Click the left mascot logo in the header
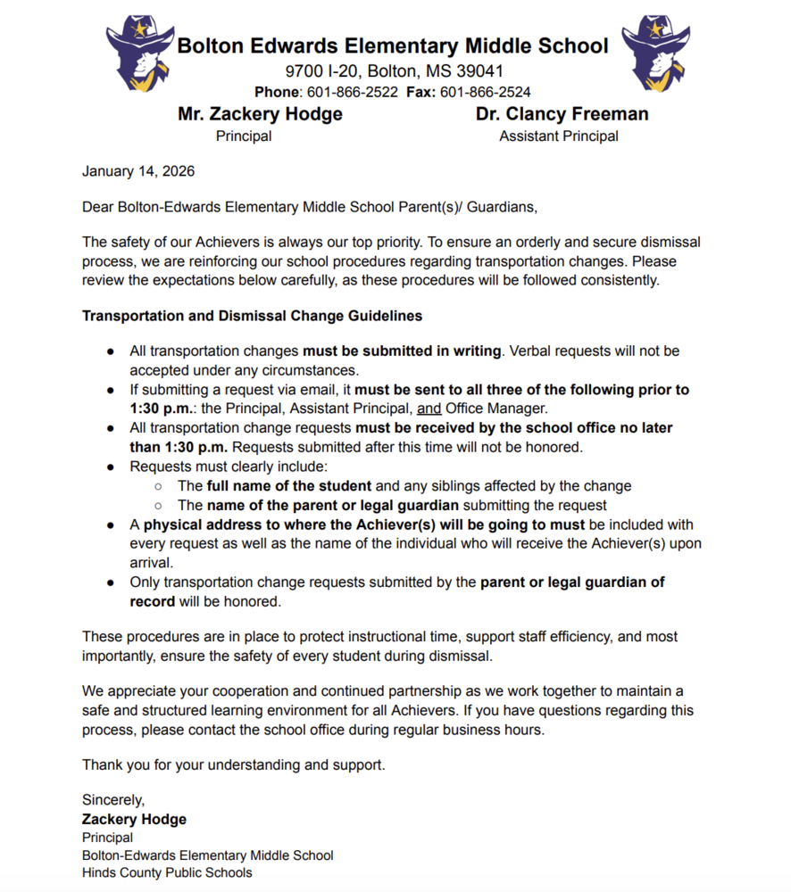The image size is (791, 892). click(x=139, y=54)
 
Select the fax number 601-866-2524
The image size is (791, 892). click(x=486, y=92)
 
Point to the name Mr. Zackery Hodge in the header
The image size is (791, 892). click(x=260, y=114)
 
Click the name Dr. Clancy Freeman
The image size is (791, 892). click(x=562, y=114)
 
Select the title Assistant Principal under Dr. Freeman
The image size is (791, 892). click(x=559, y=136)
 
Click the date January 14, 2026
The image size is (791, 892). click(x=138, y=171)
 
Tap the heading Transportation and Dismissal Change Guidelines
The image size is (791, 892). click(x=252, y=316)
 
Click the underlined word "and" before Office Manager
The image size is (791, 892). click(x=429, y=409)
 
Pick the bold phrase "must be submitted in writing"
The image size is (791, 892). click(x=402, y=351)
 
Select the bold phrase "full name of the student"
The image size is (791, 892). click(x=289, y=486)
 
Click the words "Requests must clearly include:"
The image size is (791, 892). click(x=229, y=467)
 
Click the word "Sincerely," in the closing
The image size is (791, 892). click(x=113, y=800)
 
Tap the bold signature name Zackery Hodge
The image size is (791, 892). click(x=134, y=819)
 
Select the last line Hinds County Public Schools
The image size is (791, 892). click(x=167, y=872)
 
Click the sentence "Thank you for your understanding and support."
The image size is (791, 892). click(x=234, y=764)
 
